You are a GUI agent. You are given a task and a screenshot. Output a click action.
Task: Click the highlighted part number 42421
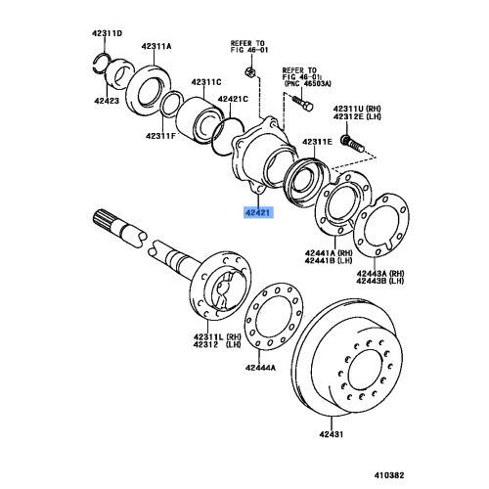pos(259,211)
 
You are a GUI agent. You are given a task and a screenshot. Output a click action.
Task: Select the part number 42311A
pos(155,46)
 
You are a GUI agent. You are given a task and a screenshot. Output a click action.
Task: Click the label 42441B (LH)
pos(326,261)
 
